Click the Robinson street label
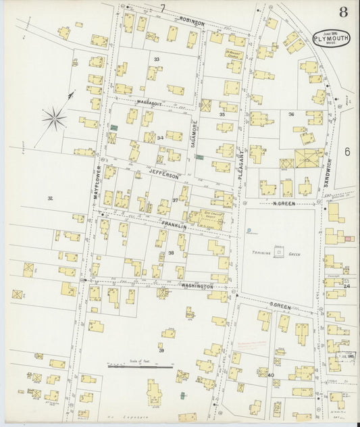(x=192, y=22)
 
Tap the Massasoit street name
(x=151, y=102)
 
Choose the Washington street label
(x=197, y=286)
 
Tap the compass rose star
(x=54, y=120)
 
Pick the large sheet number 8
(x=343, y=11)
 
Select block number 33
(x=156, y=59)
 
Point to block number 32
(x=50, y=198)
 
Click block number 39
(x=161, y=349)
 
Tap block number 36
(x=292, y=114)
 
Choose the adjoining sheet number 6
(x=347, y=151)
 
